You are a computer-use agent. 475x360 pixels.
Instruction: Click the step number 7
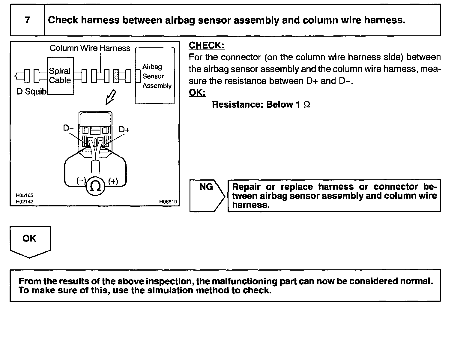(x=27, y=20)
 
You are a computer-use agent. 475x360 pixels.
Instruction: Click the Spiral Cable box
(x=60, y=76)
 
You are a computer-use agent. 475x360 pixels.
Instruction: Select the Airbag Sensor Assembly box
(x=155, y=76)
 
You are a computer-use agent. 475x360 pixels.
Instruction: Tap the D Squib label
(x=31, y=91)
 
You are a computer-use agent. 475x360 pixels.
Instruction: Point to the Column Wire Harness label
(x=90, y=48)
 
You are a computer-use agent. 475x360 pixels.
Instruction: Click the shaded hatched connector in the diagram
(x=116, y=76)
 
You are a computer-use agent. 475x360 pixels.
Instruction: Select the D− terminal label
(x=68, y=128)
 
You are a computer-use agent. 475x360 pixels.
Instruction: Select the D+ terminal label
(x=124, y=130)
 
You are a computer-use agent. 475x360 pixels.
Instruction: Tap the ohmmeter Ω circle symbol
(x=95, y=187)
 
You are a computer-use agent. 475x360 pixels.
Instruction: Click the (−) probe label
(x=81, y=181)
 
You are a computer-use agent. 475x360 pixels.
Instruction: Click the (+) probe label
(x=113, y=181)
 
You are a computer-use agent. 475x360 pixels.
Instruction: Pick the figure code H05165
(x=25, y=196)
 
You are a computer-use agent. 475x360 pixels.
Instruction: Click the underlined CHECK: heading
(x=206, y=45)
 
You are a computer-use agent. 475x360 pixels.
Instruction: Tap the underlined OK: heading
(x=197, y=93)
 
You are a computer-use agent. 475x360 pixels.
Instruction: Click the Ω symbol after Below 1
(x=306, y=105)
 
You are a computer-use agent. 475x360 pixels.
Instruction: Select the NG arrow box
(x=207, y=195)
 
